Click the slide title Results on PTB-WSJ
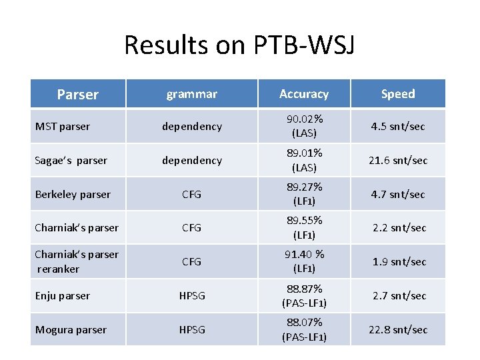pos(239,45)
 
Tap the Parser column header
pos(77,95)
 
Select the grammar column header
pos(191,94)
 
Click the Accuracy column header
pos(304,94)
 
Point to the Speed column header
pos(398,94)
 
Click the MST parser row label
pos(63,127)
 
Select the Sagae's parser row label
pos(71,161)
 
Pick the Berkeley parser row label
pos(73,195)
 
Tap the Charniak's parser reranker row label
pos(76,261)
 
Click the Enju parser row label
pos(63,295)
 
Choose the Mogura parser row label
pos(71,329)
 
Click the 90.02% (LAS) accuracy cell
pos(304,126)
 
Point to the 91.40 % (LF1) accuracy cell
pos(304,261)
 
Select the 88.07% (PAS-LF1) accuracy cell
pos(304,329)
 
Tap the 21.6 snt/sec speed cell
pos(398,161)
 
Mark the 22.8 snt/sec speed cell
pos(398,329)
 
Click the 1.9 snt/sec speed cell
pos(398,261)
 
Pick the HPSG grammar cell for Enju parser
pos(191,295)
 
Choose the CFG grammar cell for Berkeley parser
pos(191,195)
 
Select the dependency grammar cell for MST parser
pos(191,127)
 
